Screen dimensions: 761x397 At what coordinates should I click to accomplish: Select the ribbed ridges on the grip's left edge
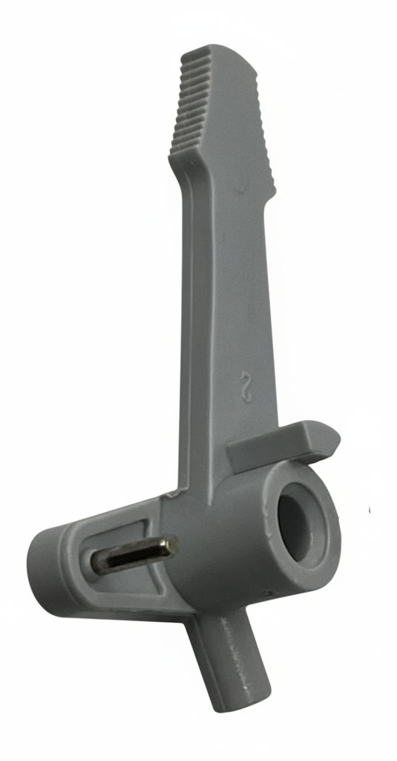click(190, 104)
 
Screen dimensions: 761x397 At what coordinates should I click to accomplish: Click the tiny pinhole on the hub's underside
click(268, 593)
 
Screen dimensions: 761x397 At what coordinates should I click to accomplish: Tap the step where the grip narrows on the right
click(272, 195)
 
